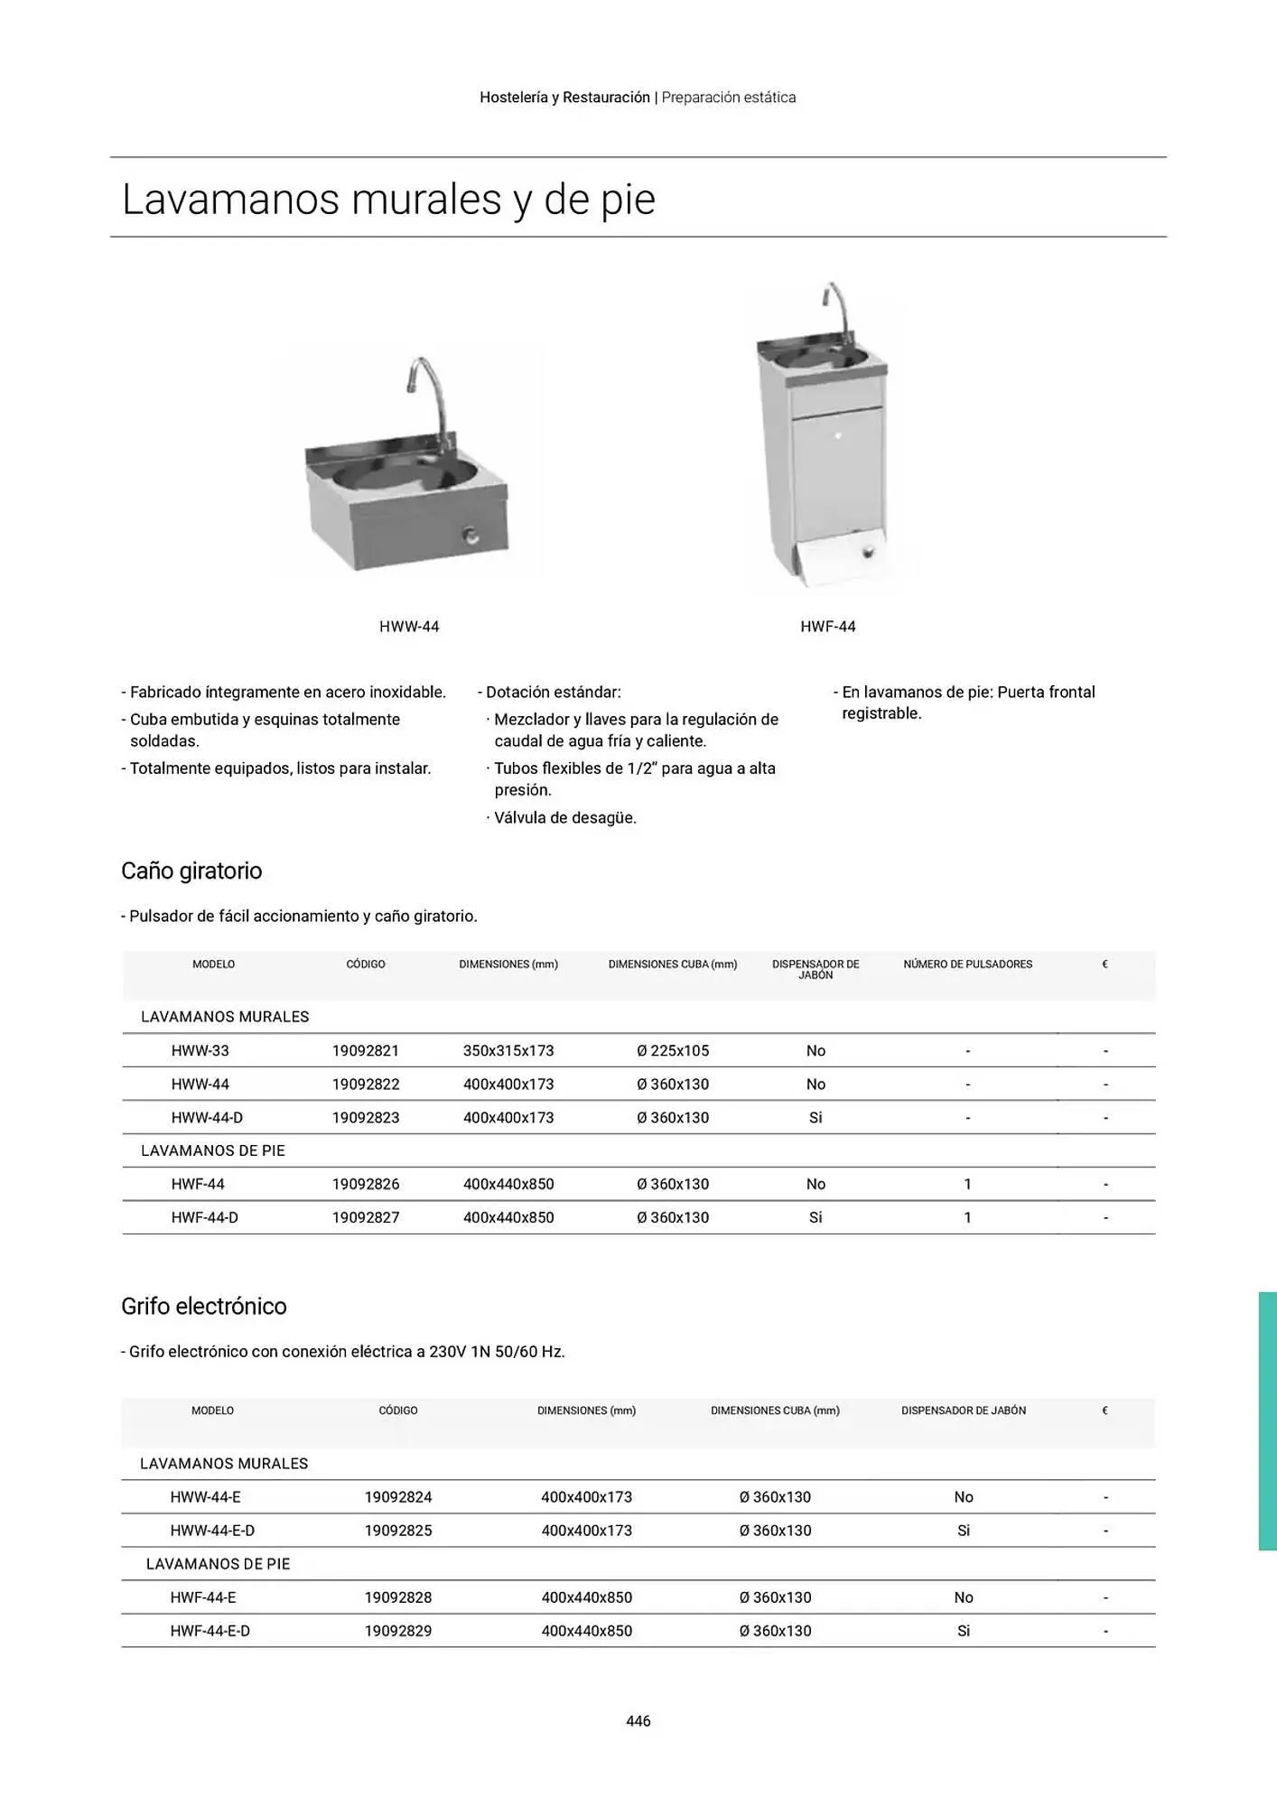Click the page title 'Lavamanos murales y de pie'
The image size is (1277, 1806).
388,200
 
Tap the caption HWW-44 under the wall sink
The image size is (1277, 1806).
409,627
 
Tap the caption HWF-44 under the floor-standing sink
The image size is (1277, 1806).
827,627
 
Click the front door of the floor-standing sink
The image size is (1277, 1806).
836,470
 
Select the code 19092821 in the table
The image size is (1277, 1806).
366,1051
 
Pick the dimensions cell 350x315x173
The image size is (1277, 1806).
508,1051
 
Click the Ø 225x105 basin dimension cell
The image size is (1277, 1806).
673,1051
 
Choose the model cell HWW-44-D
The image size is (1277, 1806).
207,1118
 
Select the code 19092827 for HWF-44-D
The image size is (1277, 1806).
366,1218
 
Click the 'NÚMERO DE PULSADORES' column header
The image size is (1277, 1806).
967,964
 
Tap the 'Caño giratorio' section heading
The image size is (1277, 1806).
191,871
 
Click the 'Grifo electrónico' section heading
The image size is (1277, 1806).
204,1307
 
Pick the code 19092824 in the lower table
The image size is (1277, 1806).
398,1497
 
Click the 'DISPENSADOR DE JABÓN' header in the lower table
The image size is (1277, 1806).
964,1410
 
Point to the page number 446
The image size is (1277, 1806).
638,1721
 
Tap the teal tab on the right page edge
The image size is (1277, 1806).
1267,1421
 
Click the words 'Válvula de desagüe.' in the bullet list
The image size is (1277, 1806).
565,818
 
